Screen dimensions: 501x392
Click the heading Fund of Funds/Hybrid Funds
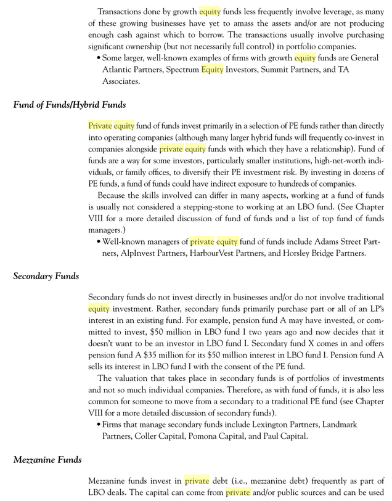tap(69, 104)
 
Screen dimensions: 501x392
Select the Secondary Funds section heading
tap(46, 275)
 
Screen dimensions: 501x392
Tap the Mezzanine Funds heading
tap(47, 459)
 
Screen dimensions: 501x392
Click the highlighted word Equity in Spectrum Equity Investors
tap(212, 69)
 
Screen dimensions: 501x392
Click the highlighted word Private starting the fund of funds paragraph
tap(100, 126)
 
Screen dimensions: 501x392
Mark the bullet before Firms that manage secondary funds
tap(99, 425)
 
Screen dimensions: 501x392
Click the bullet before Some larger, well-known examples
tap(99, 58)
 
